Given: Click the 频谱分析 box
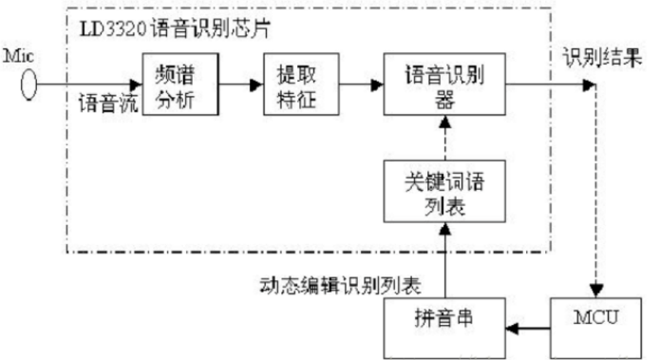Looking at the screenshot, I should click(x=177, y=83).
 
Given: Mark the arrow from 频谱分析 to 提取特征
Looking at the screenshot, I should click(x=236, y=84).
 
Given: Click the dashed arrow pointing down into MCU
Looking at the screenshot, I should click(x=593, y=190).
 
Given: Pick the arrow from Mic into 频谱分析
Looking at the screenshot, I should click(x=90, y=84).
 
